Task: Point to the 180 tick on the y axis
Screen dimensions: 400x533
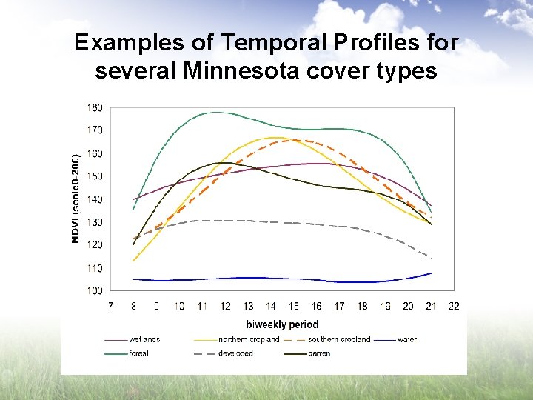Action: [x=95, y=107]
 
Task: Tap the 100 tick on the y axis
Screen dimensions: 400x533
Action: [x=95, y=291]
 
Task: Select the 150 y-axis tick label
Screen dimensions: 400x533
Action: [x=95, y=176]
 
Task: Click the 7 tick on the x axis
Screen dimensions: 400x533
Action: [x=110, y=306]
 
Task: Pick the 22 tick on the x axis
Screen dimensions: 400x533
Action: [x=454, y=306]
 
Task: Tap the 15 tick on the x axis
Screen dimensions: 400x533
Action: [x=293, y=306]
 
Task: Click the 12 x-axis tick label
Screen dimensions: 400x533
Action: [x=224, y=306]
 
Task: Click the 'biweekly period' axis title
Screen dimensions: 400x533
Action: [x=281, y=324]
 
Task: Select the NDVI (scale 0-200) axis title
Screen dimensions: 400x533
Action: [x=75, y=198]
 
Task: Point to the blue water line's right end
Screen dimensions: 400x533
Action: [x=431, y=273]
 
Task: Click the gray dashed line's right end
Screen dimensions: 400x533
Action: [x=431, y=258]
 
